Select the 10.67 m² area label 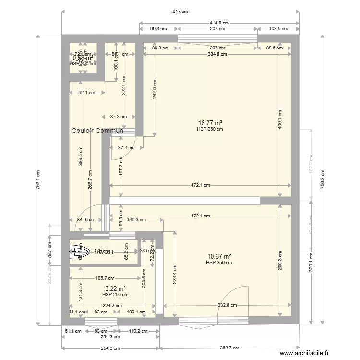(219, 256)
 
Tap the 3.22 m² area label (115, 288)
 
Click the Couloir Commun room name (97, 131)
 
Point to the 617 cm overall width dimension (180, 12)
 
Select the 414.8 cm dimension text (219, 22)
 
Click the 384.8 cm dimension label (217, 54)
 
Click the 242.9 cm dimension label (155, 89)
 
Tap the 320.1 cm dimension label (311, 263)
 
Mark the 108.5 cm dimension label (278, 29)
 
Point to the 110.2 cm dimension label (139, 330)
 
